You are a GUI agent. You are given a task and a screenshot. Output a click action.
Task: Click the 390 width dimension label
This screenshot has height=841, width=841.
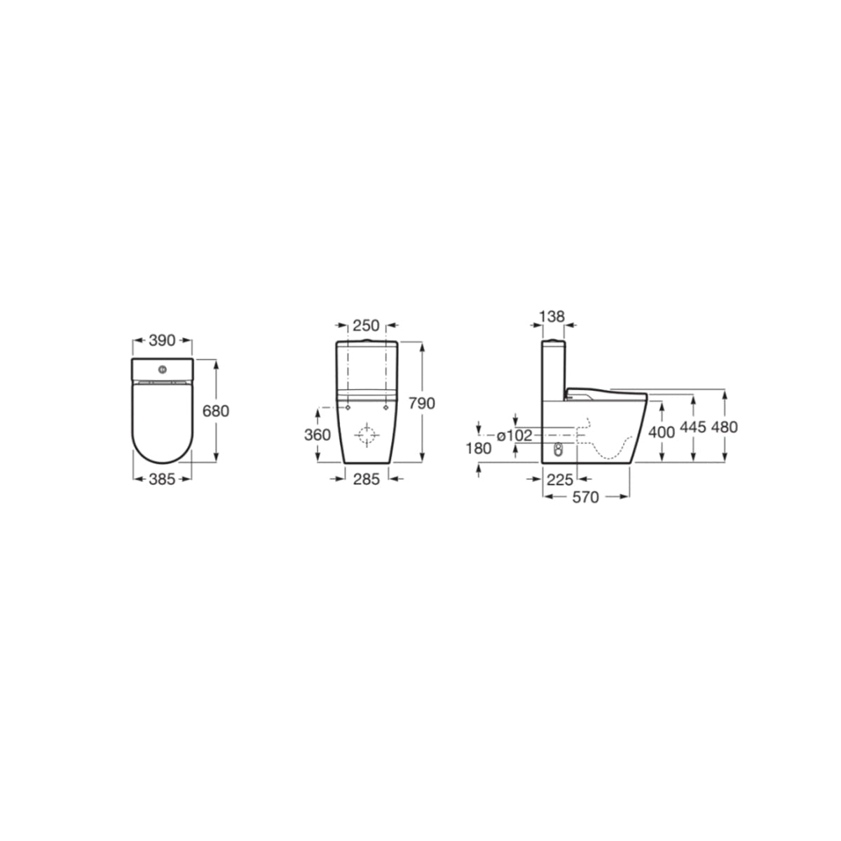162,341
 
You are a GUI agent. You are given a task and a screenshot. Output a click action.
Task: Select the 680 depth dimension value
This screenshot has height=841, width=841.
216,411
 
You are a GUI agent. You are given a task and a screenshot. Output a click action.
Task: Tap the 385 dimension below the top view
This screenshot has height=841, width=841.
162,479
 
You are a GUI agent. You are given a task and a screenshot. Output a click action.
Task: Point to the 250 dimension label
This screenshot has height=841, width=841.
366,325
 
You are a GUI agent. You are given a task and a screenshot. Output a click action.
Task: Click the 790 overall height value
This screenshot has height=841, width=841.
422,403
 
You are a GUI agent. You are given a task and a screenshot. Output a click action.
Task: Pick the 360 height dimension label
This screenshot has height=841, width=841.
317,435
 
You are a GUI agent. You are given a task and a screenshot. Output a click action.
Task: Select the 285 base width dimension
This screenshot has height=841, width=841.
366,479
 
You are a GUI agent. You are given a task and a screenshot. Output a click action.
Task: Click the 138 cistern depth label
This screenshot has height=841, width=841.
552,316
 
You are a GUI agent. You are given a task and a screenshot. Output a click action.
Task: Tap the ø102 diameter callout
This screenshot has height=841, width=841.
515,435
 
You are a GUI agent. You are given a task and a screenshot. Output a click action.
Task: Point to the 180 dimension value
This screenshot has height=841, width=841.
479,449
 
